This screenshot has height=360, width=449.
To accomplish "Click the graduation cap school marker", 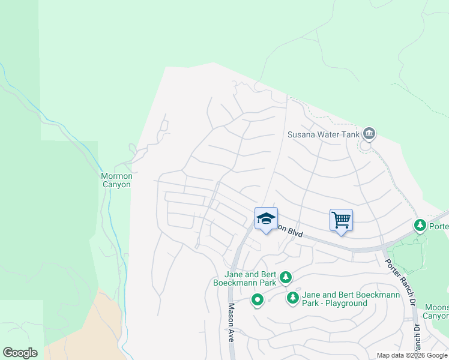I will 266,219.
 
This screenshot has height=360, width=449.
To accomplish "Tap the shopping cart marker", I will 341,220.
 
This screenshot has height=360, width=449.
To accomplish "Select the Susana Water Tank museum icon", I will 369,134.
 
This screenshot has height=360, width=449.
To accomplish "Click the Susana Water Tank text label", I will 323,134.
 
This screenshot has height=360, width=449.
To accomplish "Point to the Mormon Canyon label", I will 116,180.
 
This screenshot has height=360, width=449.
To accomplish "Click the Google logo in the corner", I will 20,353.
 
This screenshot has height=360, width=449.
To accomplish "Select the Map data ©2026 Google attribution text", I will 412,355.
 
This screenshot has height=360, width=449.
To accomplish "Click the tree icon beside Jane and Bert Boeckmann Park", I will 286,277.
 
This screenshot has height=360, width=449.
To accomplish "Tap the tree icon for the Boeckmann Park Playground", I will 293,297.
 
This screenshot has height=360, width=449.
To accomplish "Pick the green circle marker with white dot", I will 258,299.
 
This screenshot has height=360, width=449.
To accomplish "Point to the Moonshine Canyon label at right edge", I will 436,311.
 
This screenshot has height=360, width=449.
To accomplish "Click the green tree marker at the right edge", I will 420,226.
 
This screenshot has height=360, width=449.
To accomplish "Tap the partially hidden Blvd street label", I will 289,229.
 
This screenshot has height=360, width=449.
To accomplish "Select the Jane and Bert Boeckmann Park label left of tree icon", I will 246,277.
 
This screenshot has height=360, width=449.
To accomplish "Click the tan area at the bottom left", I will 84,336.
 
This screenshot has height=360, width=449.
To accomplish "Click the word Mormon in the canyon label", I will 116,176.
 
